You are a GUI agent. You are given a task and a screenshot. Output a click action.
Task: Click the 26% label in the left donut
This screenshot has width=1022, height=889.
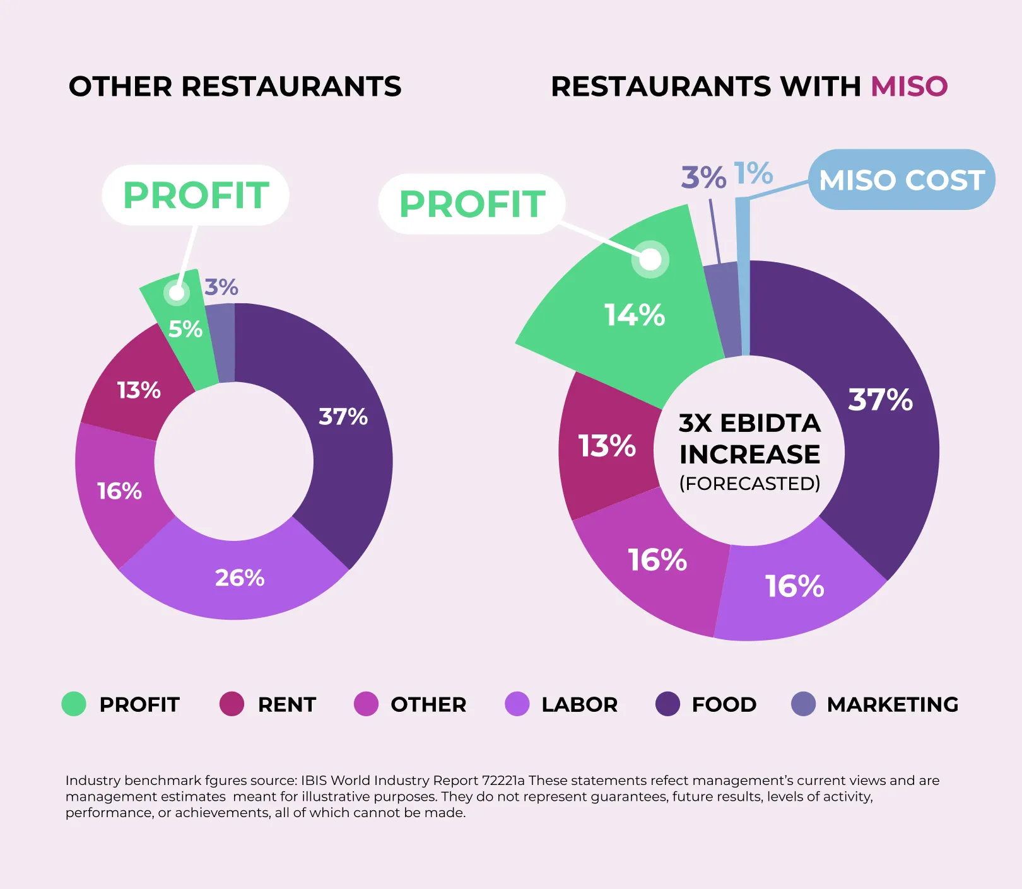240,578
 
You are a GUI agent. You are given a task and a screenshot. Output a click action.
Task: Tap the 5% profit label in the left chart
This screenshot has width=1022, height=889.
185,329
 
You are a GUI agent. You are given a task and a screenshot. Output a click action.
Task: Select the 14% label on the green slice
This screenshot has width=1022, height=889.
635,315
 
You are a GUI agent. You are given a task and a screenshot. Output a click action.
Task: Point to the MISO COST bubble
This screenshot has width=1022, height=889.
902,180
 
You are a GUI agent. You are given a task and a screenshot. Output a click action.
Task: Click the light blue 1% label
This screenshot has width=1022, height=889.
753,173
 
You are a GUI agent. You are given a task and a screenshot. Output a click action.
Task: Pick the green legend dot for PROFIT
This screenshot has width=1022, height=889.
74,704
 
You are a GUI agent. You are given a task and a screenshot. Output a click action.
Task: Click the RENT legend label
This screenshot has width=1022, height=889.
286,704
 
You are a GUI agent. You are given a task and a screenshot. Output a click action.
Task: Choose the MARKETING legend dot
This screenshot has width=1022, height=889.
803,704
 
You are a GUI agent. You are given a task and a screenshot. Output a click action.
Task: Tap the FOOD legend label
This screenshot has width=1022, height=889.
724,704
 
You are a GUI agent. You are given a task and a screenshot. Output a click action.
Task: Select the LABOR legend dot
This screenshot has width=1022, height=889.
517,704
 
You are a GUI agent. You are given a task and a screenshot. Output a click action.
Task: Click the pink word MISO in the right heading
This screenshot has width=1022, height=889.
909,86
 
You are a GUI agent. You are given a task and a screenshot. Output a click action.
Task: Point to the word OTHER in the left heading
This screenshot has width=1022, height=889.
120,86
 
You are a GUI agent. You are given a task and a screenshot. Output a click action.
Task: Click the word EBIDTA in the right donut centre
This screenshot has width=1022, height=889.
770,423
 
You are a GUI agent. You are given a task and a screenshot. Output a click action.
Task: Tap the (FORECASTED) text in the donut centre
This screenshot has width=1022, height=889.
749,484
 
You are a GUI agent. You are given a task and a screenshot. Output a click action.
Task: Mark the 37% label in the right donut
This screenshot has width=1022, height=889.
880,400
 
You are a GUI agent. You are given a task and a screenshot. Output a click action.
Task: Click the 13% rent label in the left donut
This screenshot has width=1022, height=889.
139,390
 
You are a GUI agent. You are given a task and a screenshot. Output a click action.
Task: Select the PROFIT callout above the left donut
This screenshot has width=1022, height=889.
196,195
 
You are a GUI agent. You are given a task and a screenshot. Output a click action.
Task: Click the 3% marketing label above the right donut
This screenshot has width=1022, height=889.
703,177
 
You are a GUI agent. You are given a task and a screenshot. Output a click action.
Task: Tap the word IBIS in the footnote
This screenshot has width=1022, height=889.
314,781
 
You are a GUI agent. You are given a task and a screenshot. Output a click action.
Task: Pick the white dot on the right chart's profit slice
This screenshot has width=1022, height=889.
650,259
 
